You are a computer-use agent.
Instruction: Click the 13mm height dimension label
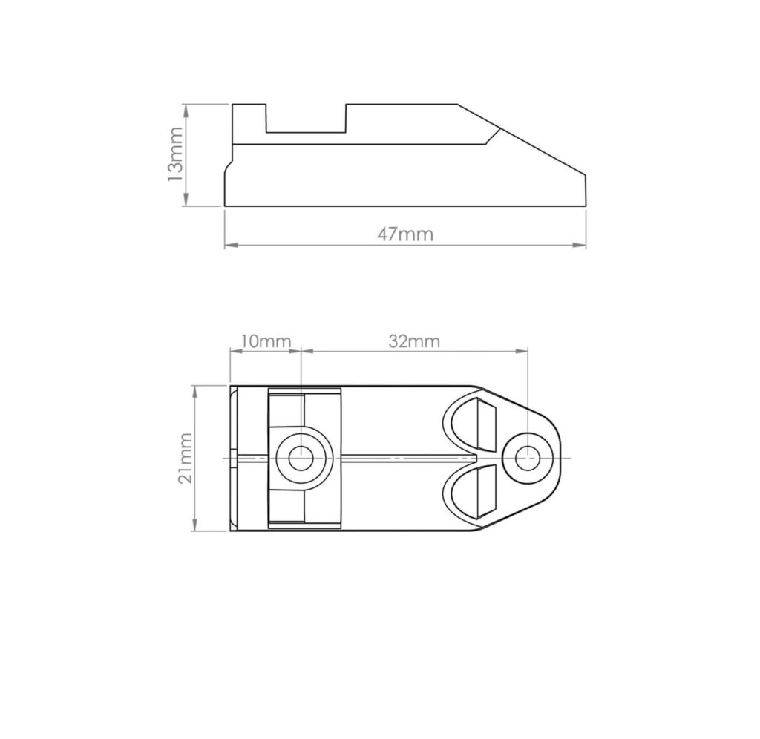174,154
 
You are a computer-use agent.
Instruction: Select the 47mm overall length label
404,234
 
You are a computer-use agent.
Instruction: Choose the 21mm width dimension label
185,459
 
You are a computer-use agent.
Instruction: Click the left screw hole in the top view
301,459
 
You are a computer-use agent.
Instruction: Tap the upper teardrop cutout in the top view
474,425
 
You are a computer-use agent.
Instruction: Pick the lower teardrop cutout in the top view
474,491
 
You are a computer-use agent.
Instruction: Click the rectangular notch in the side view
306,119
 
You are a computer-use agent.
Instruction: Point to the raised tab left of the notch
249,119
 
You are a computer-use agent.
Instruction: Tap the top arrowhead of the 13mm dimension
186,108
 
